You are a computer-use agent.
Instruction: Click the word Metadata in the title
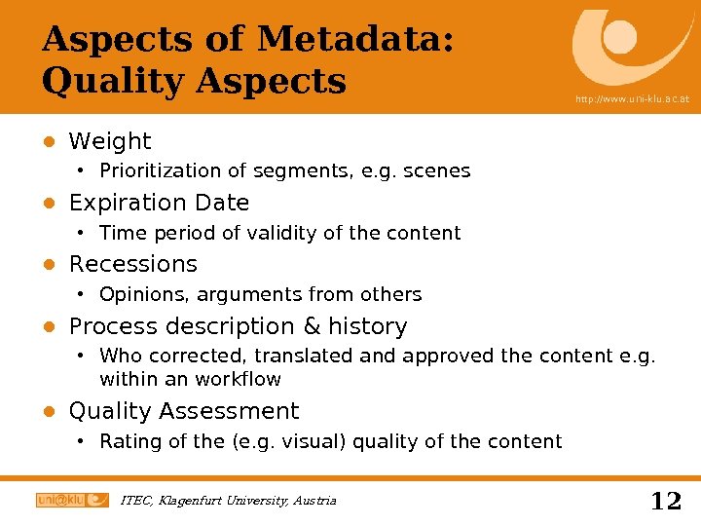(x=351, y=40)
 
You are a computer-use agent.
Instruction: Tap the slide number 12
(x=666, y=502)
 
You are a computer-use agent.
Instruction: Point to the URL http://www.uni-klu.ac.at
(x=632, y=99)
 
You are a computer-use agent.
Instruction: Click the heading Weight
(x=110, y=142)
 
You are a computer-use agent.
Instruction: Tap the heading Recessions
(x=133, y=265)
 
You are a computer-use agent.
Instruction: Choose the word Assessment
(x=237, y=412)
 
